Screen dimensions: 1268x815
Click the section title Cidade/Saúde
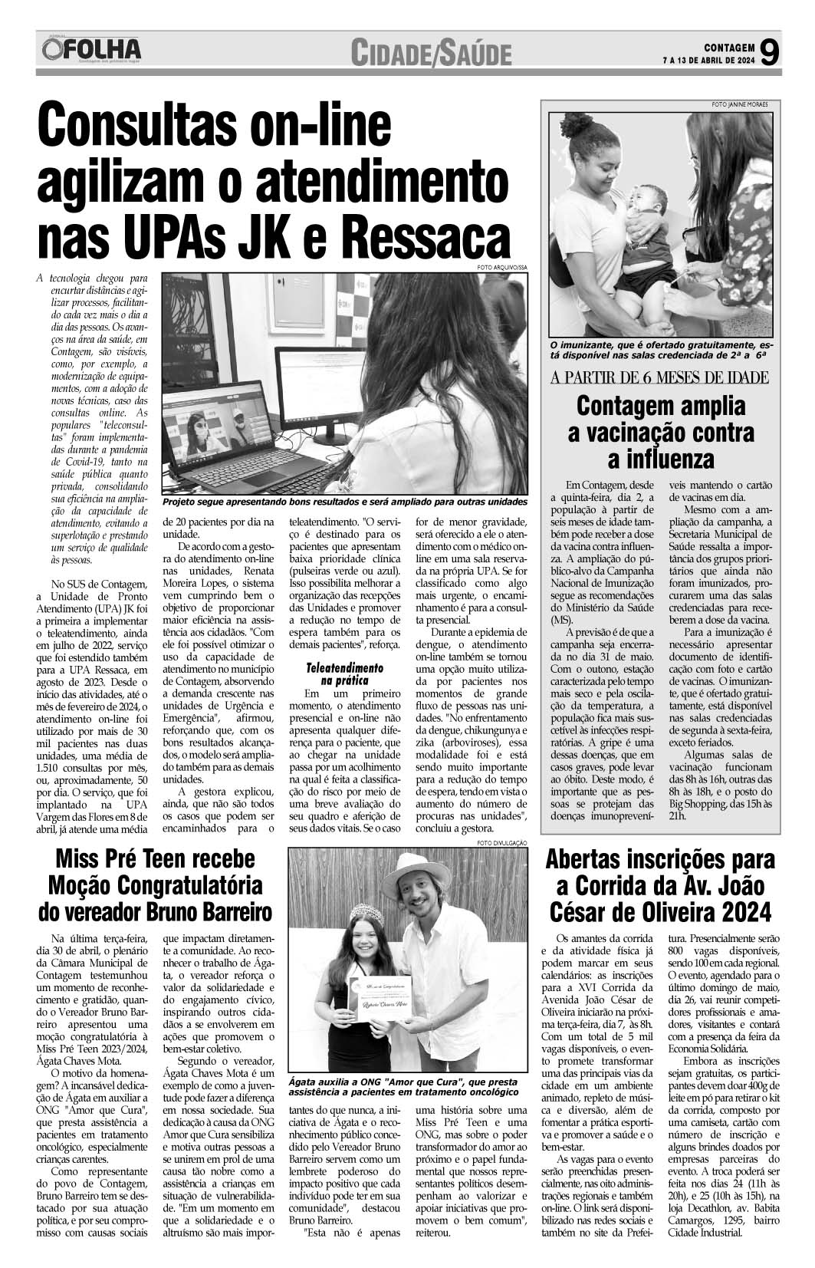432,54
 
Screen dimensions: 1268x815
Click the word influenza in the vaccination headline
660,459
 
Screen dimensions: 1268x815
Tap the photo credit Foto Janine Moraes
739,104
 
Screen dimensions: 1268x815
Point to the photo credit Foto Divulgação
502,844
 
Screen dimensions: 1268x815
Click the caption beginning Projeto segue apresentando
345,502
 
